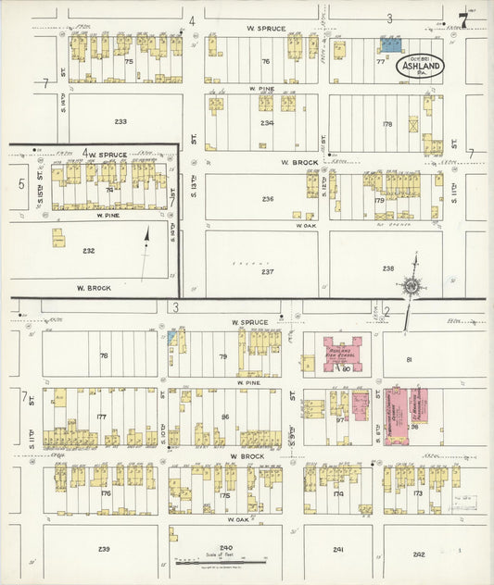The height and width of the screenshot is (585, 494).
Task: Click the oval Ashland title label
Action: pyautogui.click(x=420, y=66)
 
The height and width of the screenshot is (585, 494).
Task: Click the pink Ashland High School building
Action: pyautogui.click(x=342, y=354)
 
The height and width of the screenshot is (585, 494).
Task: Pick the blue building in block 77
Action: pyautogui.click(x=391, y=44)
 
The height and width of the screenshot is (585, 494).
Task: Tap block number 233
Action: pyautogui.click(x=120, y=121)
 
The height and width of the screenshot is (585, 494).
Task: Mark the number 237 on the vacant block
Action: pyautogui.click(x=267, y=271)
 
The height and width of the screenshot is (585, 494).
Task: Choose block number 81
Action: pyautogui.click(x=408, y=359)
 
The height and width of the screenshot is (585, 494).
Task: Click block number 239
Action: pyautogui.click(x=104, y=549)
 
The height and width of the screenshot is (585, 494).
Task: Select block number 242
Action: pyautogui.click(x=419, y=554)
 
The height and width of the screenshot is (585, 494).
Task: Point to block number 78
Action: pyautogui.click(x=104, y=355)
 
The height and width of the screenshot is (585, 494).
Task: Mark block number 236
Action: pyautogui.click(x=268, y=199)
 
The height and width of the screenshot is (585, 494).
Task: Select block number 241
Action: pyautogui.click(x=338, y=550)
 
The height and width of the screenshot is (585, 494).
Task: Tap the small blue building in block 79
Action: pyautogui.click(x=172, y=333)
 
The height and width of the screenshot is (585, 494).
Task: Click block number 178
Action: pyautogui.click(x=387, y=123)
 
